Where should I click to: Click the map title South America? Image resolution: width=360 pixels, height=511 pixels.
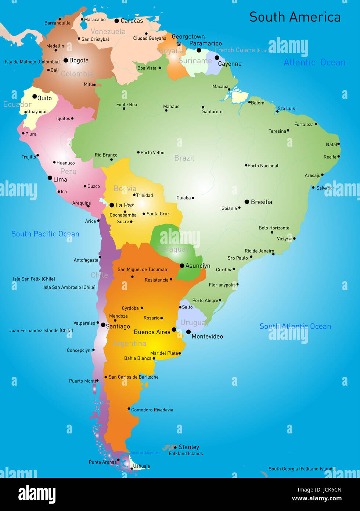(x=295, y=17)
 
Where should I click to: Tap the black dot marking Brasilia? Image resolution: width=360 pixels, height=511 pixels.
(x=247, y=202)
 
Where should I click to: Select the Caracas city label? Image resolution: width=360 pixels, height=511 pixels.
(x=132, y=21)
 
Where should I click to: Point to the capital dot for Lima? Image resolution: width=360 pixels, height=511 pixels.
(x=50, y=178)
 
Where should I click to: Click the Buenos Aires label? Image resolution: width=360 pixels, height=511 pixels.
(x=152, y=332)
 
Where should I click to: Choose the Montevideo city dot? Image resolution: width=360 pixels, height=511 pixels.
(x=188, y=332)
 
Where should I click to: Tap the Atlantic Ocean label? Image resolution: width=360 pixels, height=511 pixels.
(x=314, y=62)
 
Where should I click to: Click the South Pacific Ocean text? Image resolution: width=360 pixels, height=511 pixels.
(x=45, y=234)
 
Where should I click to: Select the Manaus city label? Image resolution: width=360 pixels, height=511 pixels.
(x=171, y=107)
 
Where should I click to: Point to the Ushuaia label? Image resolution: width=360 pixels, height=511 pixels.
(x=141, y=466)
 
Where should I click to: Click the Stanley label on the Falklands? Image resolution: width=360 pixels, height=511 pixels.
(x=189, y=447)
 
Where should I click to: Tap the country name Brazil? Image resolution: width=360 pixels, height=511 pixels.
(x=184, y=158)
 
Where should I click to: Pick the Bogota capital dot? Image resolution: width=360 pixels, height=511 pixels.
(x=66, y=60)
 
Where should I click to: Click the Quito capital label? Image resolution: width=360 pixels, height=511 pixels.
(x=44, y=98)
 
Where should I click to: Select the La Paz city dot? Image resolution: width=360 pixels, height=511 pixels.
(x=112, y=205)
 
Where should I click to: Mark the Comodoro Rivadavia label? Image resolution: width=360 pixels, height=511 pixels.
(x=152, y=410)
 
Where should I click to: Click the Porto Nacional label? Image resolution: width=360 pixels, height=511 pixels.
(x=263, y=166)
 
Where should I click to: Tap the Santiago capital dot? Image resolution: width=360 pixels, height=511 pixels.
(x=103, y=325)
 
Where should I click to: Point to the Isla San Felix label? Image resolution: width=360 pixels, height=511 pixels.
(x=34, y=279)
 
